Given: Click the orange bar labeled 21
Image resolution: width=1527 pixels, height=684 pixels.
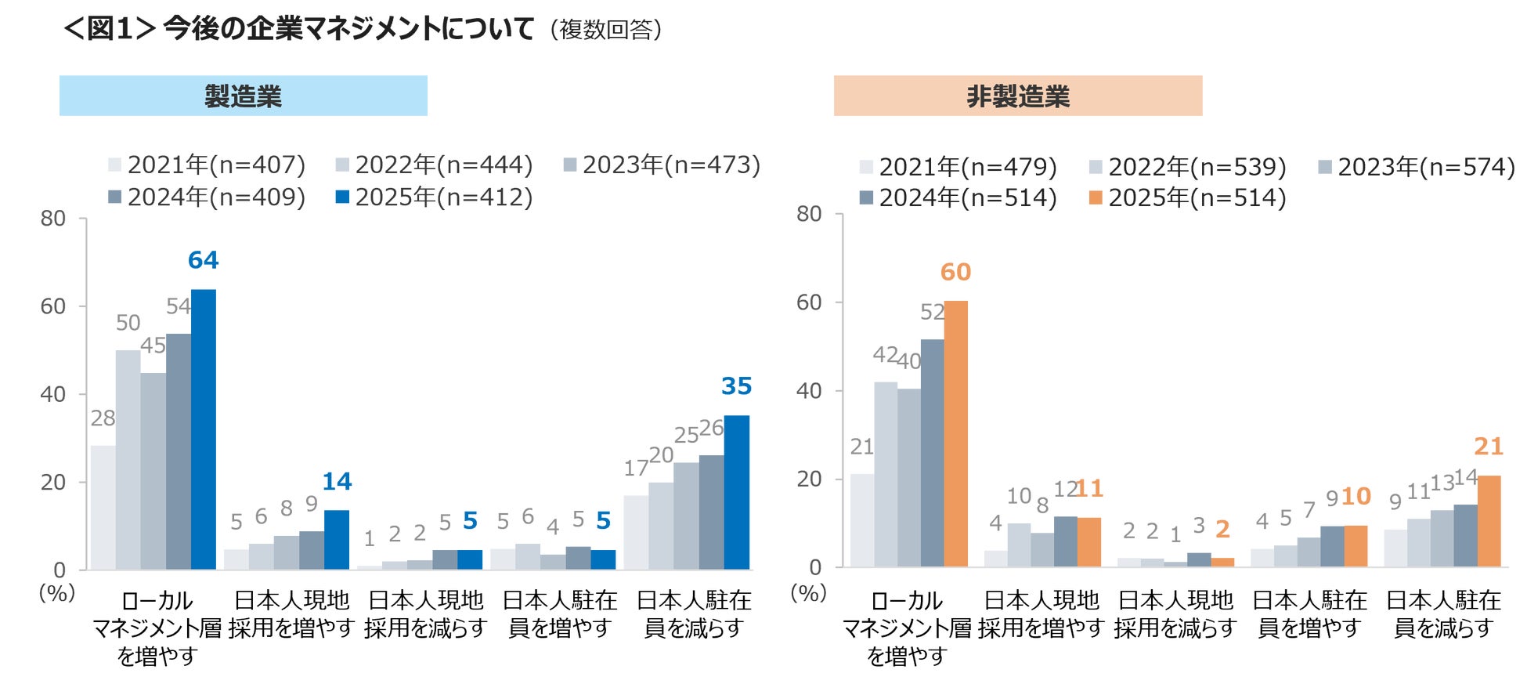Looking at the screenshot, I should (x=1489, y=521).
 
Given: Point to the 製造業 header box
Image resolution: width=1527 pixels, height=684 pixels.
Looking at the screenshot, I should (x=243, y=96).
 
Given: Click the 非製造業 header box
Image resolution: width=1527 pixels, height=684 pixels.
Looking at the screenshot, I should (x=1017, y=96).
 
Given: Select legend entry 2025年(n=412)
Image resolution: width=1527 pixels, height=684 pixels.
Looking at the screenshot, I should (x=435, y=197).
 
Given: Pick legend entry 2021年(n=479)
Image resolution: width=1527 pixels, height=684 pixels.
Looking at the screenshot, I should (x=958, y=168).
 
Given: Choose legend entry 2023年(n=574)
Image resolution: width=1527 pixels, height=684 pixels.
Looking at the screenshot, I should (x=1417, y=168).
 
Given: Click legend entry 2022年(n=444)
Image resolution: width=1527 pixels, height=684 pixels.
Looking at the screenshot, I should (x=435, y=165).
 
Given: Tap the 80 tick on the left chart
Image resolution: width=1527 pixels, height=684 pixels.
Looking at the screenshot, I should (x=53, y=219).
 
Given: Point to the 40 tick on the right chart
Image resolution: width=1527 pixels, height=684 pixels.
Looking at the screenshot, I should (x=809, y=391).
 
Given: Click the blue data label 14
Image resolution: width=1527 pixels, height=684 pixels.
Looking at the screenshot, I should (x=337, y=482).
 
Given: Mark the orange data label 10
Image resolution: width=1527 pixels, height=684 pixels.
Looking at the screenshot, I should (x=1356, y=497).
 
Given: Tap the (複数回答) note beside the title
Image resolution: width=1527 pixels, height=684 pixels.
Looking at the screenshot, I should (x=606, y=31).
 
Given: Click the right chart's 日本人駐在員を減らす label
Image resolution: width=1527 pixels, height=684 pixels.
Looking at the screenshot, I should (x=1443, y=614).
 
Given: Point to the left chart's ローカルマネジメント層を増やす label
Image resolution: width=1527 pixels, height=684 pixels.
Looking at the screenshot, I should (x=157, y=628).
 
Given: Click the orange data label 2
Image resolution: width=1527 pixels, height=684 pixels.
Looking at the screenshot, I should (x=1222, y=530).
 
